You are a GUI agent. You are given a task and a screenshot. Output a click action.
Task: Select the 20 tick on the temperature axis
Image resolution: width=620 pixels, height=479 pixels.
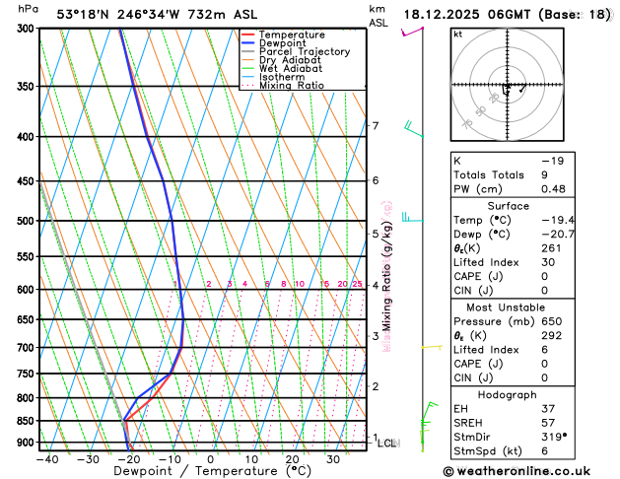[x=292, y=459]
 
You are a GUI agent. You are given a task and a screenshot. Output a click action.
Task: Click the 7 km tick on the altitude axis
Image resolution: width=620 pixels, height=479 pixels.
[x=376, y=125]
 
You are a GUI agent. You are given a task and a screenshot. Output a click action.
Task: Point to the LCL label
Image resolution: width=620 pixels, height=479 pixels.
[x=386, y=444]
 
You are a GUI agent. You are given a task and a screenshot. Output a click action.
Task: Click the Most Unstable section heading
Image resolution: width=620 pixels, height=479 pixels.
[x=507, y=307]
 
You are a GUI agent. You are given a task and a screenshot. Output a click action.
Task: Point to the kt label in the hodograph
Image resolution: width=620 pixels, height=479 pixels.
[x=457, y=34]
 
